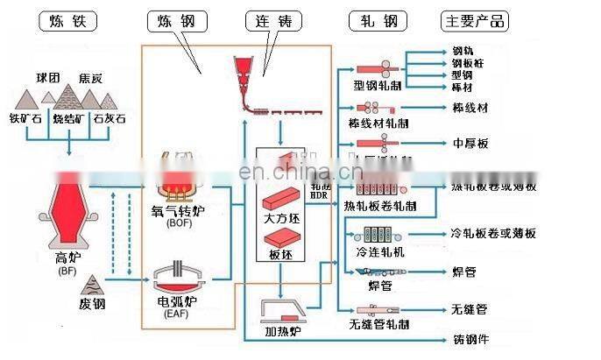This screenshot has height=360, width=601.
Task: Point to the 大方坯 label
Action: coord(281,216)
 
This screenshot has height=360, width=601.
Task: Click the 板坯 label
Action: coord(281,254)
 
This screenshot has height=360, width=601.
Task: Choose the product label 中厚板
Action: coord(470,143)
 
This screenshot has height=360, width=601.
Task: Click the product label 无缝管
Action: coord(470,309)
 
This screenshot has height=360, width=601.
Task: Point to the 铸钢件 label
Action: coord(470,339)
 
